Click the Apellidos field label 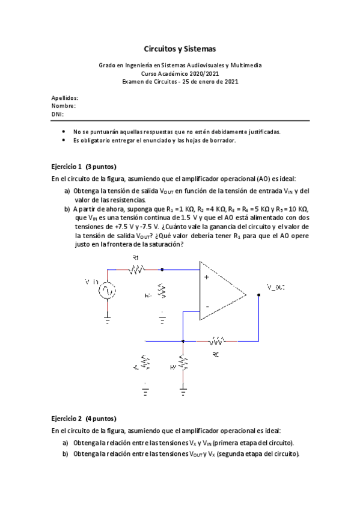pyautogui.click(x=64, y=97)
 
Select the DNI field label pyautogui.click(x=57, y=113)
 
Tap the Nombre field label pyautogui.click(x=63, y=105)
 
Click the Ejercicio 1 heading pyautogui.click(x=67, y=167)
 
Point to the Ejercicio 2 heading pyautogui.click(x=67, y=419)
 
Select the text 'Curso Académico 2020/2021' pyautogui.click(x=180, y=73)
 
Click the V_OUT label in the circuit pyautogui.click(x=276, y=287)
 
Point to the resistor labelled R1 pyautogui.click(x=136, y=270)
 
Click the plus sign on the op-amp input pyautogui.click(x=207, y=277)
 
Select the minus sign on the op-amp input pyautogui.click(x=207, y=307)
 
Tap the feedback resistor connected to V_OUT pyautogui.click(x=216, y=341)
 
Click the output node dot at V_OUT pyautogui.click(x=258, y=295)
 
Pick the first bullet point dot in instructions pyautogui.click(x=64, y=131)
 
